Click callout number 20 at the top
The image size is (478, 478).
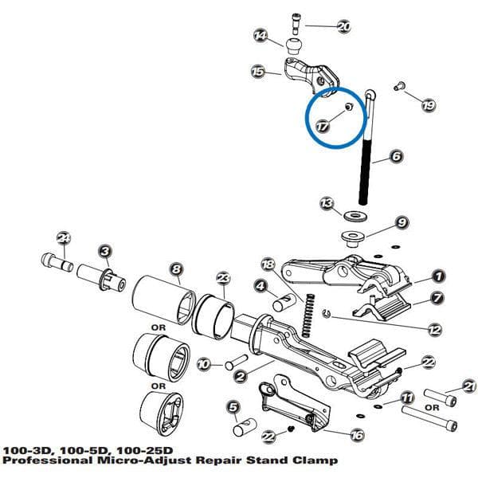343,26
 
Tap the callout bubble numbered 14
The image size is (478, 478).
261,37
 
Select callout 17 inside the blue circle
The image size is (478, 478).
322,126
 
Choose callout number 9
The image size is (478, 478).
402,221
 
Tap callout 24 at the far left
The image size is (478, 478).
64,237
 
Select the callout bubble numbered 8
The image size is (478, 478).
176,269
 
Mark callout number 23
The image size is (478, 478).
224,277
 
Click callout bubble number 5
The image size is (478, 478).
233,408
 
